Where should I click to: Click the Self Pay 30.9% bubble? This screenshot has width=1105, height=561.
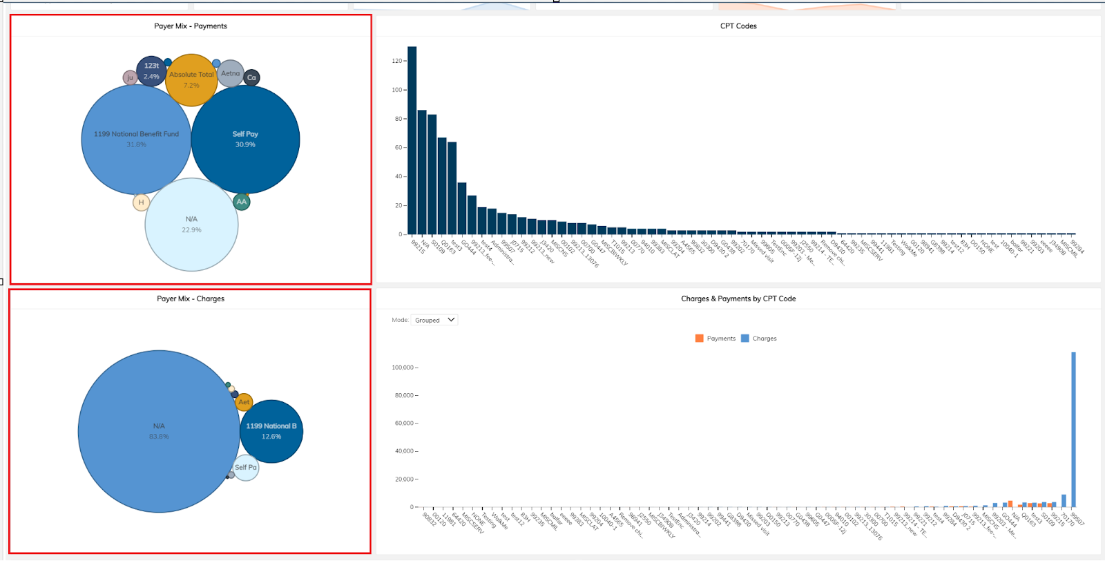[245, 140]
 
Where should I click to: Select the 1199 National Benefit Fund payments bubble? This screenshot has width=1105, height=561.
[136, 140]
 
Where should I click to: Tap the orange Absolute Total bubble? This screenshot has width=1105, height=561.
[191, 79]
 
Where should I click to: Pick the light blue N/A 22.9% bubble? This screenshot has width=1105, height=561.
[191, 225]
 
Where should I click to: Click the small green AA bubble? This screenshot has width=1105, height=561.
[241, 202]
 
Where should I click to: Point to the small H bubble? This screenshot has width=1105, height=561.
[141, 202]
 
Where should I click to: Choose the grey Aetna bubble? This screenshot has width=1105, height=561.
[231, 73]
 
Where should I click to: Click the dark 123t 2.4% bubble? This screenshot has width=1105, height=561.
[151, 70]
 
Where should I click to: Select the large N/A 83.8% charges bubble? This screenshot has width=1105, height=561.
[159, 431]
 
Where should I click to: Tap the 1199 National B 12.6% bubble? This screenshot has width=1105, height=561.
[271, 431]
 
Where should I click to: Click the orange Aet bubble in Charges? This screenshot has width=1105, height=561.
[244, 402]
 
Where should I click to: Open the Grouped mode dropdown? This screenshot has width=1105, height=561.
[434, 320]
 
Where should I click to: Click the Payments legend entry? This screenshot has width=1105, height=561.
[715, 339]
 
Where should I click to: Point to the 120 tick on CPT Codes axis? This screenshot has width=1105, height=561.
[396, 61]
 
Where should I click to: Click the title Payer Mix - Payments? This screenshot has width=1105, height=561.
[191, 26]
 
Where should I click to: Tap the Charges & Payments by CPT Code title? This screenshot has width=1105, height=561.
[738, 298]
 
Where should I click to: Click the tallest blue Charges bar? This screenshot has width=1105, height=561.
[1073, 428]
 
